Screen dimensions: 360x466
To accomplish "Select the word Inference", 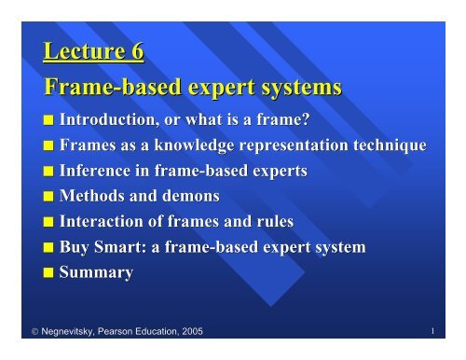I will coord(97,173).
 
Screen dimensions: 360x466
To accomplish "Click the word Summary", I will coord(96,273).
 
